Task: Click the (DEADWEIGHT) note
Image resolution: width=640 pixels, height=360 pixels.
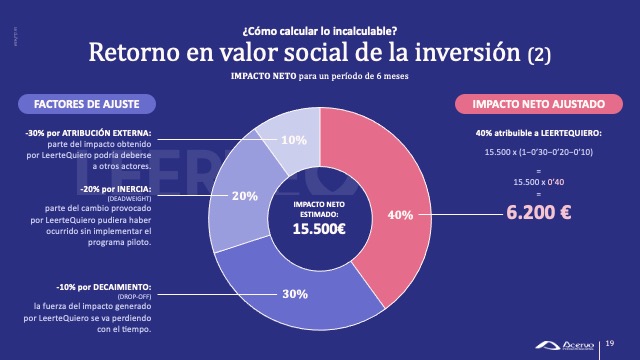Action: click(138, 197)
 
